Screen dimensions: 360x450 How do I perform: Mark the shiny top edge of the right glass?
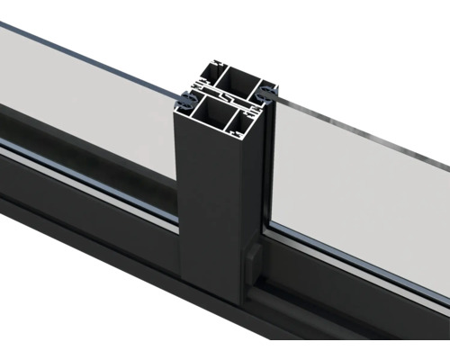click(x=360, y=126)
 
